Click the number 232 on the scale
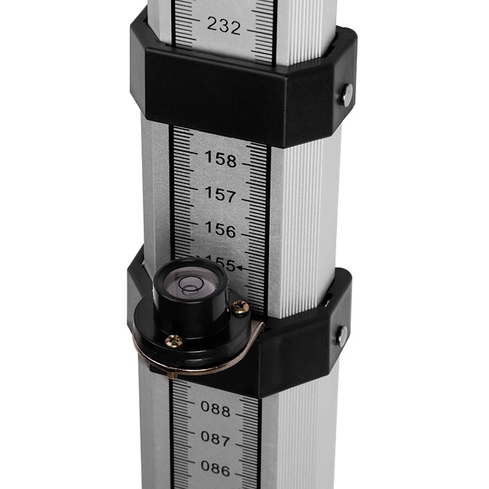click(x=224, y=25)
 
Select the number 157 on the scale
click(x=220, y=194)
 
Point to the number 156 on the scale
click(x=220, y=229)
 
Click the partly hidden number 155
click(x=221, y=264)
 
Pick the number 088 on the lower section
click(x=215, y=408)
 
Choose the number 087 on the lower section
click(x=215, y=438)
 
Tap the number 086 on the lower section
click(x=215, y=468)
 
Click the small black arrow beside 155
click(x=240, y=267)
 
